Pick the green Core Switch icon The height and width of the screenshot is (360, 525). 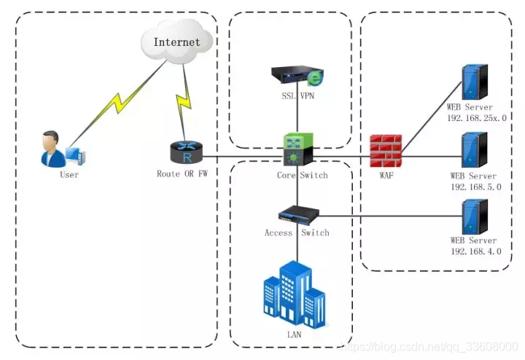299,149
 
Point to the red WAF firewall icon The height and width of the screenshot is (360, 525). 384,151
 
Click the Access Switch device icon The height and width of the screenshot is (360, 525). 297,214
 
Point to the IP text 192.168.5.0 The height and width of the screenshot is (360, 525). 473,187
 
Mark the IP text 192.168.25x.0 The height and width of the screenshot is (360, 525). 477,117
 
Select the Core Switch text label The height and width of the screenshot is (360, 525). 302,176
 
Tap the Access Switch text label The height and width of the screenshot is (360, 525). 297,233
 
